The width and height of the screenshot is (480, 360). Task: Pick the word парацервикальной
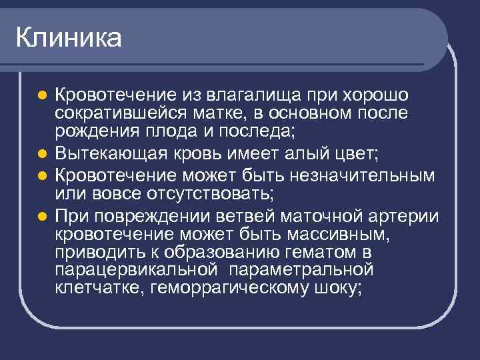coord(137,271)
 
